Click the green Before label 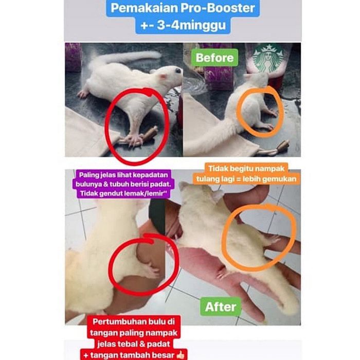214,58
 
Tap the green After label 221,307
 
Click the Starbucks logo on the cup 268,58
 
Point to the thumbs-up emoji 180,355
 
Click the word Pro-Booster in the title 218,8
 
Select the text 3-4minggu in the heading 191,25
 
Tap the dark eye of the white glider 178,71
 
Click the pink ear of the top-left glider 163,77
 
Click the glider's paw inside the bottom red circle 152,272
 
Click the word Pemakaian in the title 144,8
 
